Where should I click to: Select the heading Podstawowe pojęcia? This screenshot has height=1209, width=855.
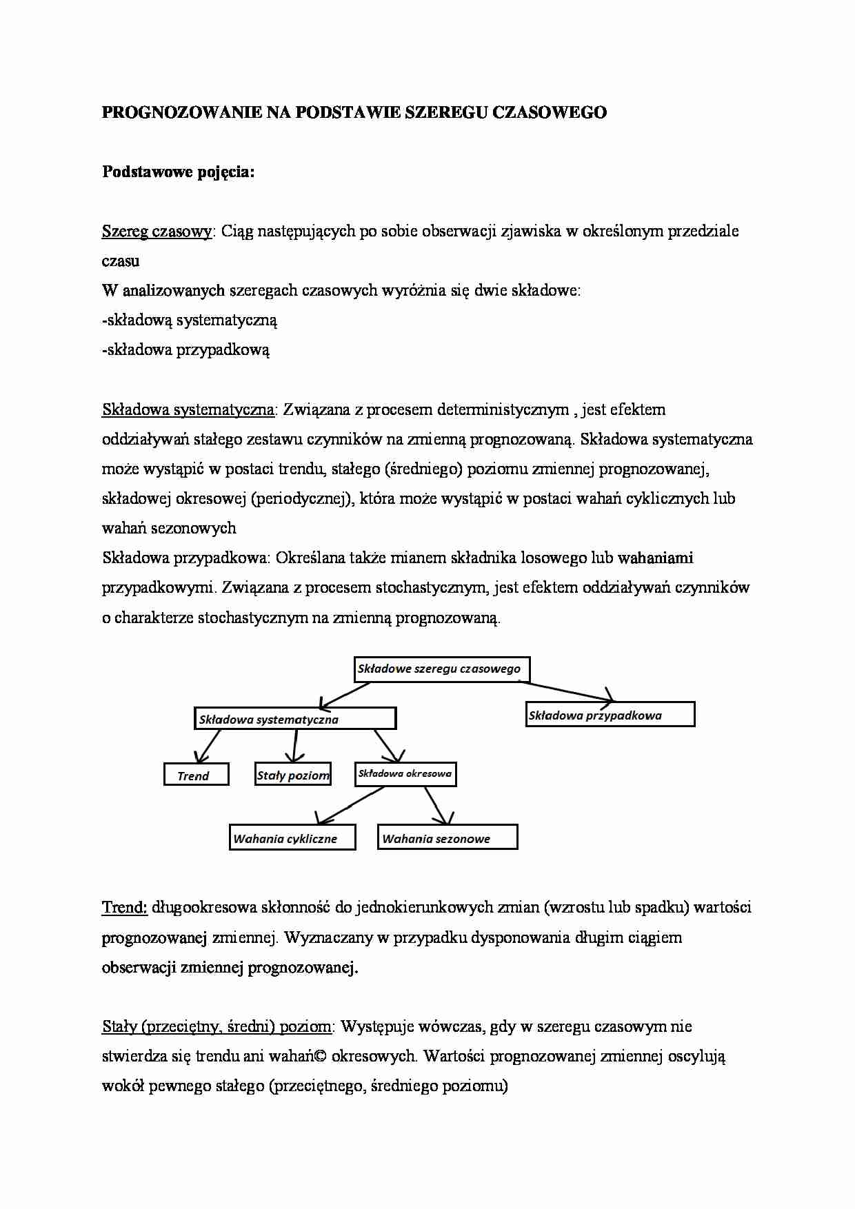click(178, 172)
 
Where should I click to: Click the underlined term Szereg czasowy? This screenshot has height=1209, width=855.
click(157, 232)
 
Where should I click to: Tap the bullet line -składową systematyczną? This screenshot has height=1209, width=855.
click(190, 321)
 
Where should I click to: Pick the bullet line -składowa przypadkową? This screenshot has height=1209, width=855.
click(185, 350)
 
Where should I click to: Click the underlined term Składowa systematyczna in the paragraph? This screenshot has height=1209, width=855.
click(188, 410)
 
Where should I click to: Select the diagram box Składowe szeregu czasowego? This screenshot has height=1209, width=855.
click(441, 669)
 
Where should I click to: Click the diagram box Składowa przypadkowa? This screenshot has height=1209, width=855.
click(610, 715)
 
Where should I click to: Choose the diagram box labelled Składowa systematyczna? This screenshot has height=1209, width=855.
click(295, 719)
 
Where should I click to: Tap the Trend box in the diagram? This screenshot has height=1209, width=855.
click(196, 775)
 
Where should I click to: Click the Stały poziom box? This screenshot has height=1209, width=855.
click(293, 775)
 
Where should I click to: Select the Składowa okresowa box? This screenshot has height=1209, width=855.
click(405, 773)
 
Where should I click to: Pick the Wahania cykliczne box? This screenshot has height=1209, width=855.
click(292, 838)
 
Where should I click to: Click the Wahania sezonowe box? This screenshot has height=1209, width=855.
click(447, 838)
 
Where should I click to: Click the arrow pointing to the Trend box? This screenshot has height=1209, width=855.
click(208, 745)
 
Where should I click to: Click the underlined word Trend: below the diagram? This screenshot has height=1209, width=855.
click(125, 907)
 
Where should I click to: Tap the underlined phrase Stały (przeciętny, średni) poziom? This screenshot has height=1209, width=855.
click(217, 1027)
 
